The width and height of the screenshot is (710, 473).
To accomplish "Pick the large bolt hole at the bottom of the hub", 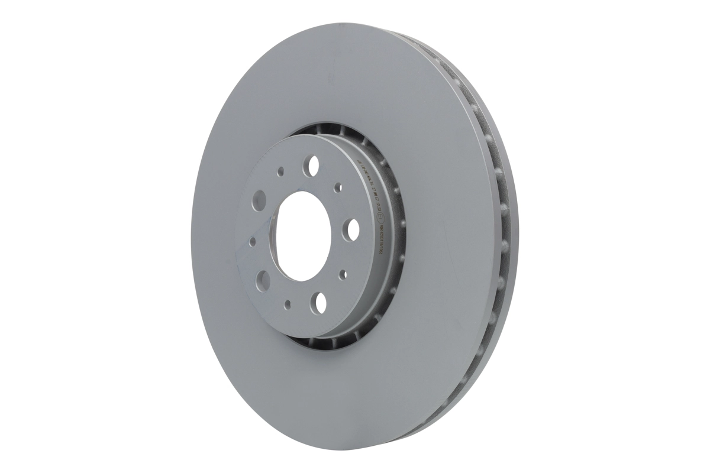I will [319, 302].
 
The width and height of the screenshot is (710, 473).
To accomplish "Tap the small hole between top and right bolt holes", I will [338, 187].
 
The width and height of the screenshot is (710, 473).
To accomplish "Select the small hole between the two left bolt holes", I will [253, 241].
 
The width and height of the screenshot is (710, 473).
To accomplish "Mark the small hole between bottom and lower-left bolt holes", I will [287, 304].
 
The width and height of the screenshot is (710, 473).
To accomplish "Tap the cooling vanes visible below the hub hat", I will [331, 343].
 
